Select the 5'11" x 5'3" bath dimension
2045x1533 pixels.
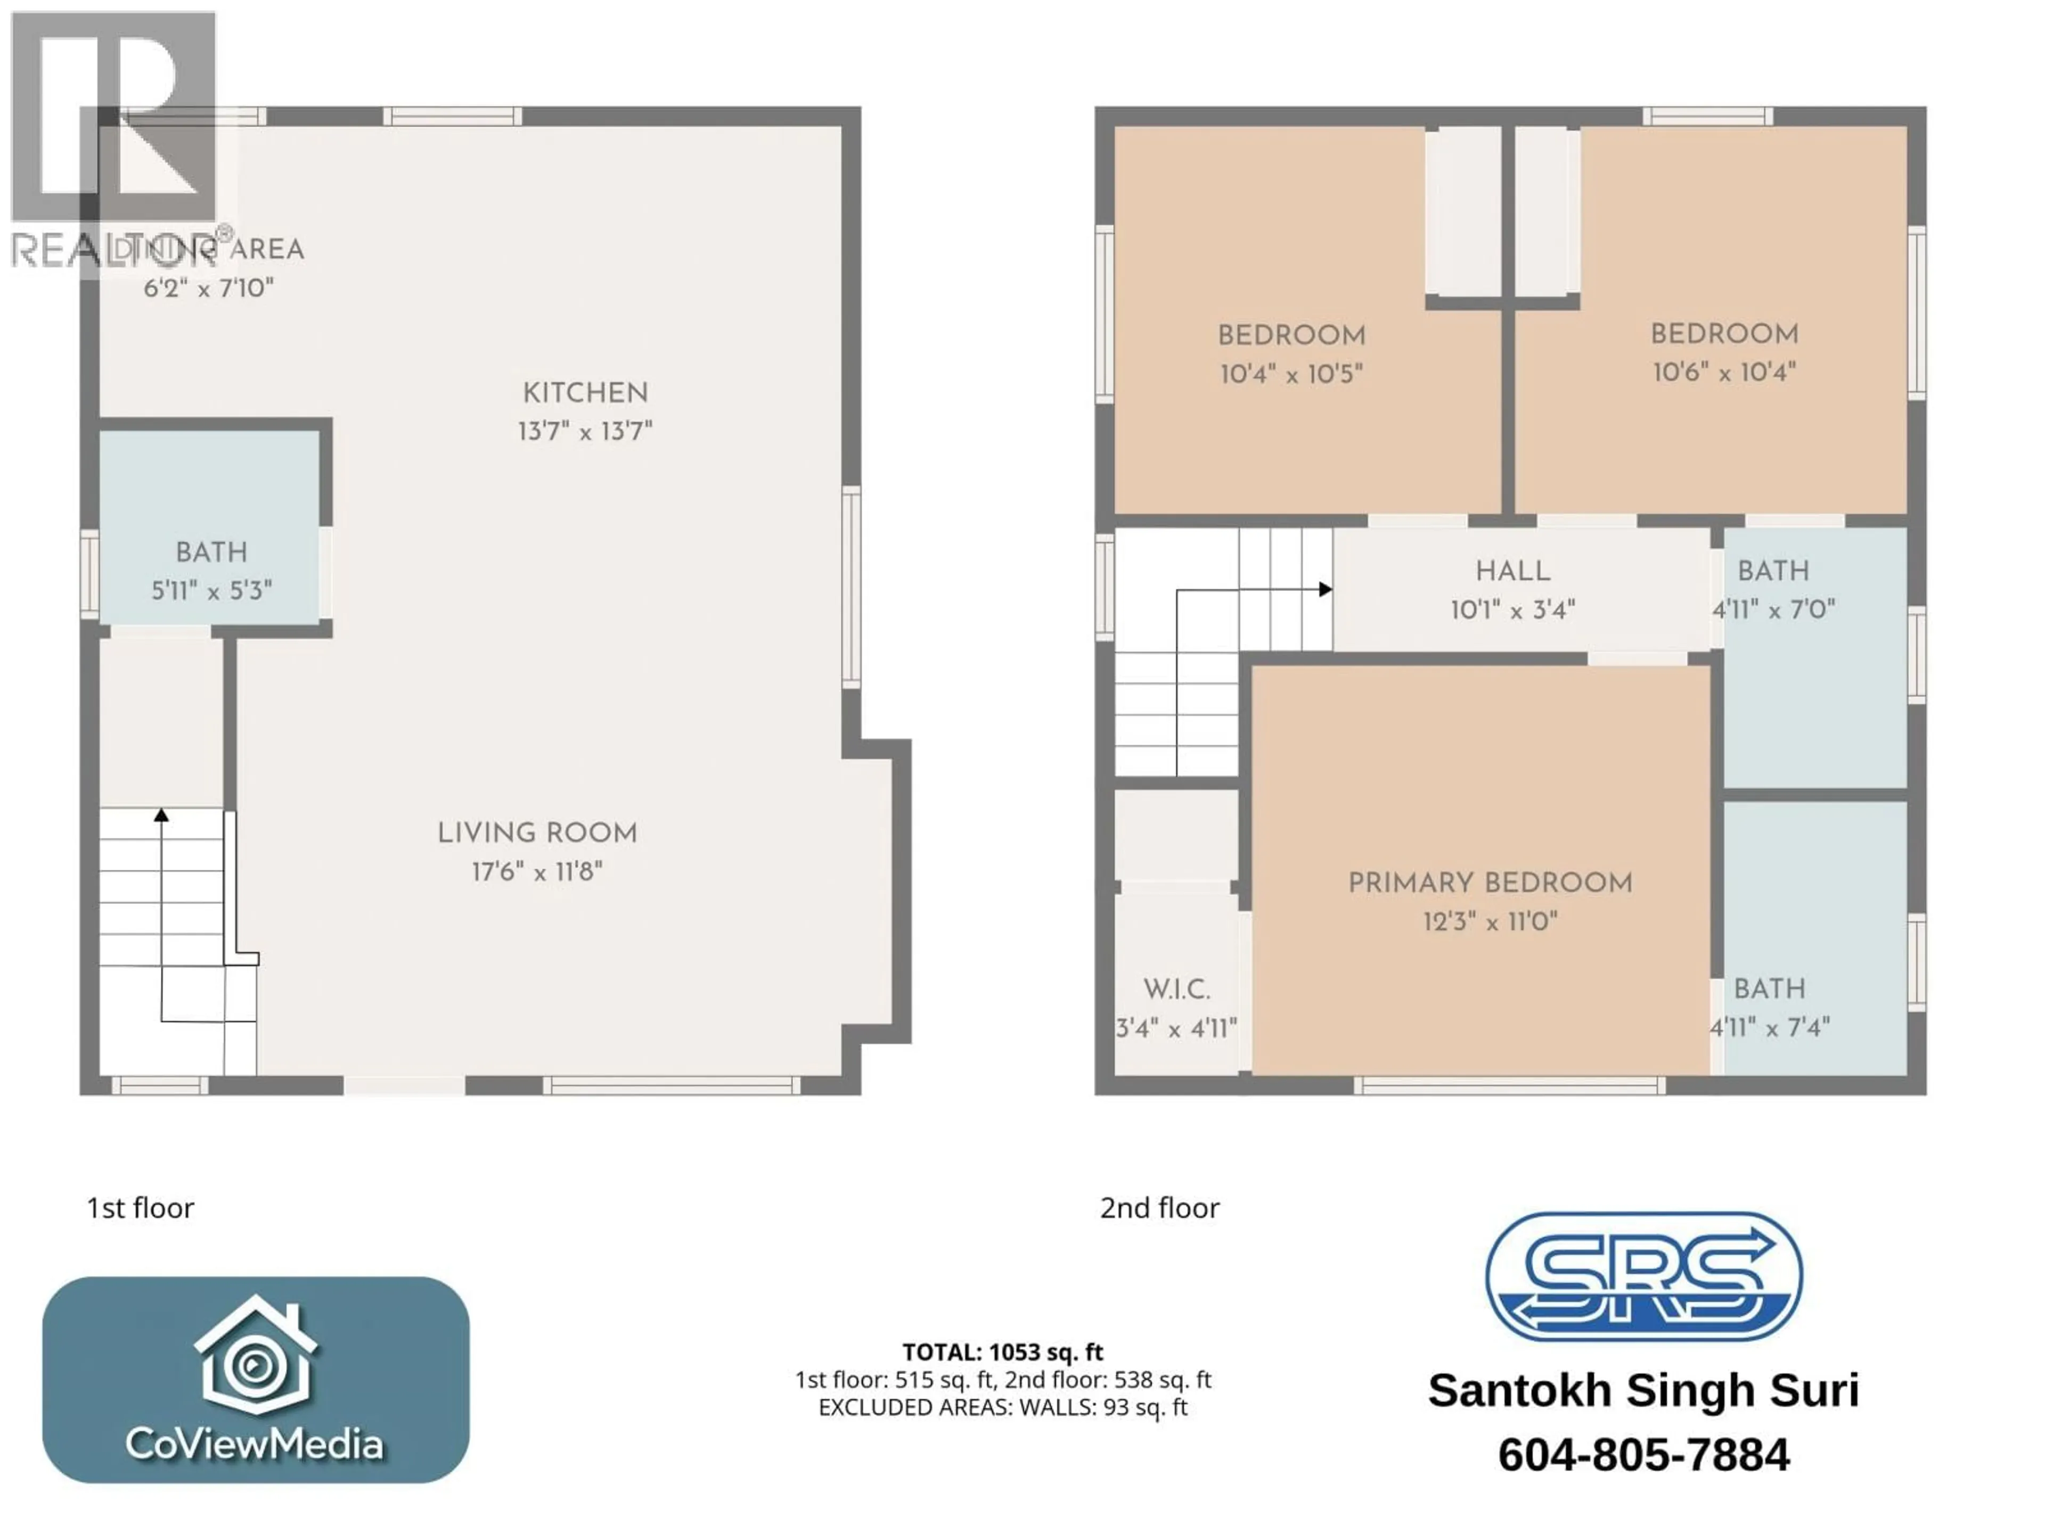pyautogui.click(x=212, y=590)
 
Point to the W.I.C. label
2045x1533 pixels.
pyautogui.click(x=1176, y=990)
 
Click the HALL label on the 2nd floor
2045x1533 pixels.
pyautogui.click(x=1512, y=571)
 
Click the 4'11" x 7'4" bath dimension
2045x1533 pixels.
pyautogui.click(x=1770, y=1027)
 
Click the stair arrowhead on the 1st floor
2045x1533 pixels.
pyautogui.click(x=162, y=814)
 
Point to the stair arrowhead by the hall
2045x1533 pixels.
pyautogui.click(x=1325, y=589)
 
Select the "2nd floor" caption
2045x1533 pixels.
pyautogui.click(x=1159, y=1208)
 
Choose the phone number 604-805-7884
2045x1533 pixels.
pyautogui.click(x=1643, y=1454)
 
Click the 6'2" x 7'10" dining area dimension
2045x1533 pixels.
pyautogui.click(x=209, y=289)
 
